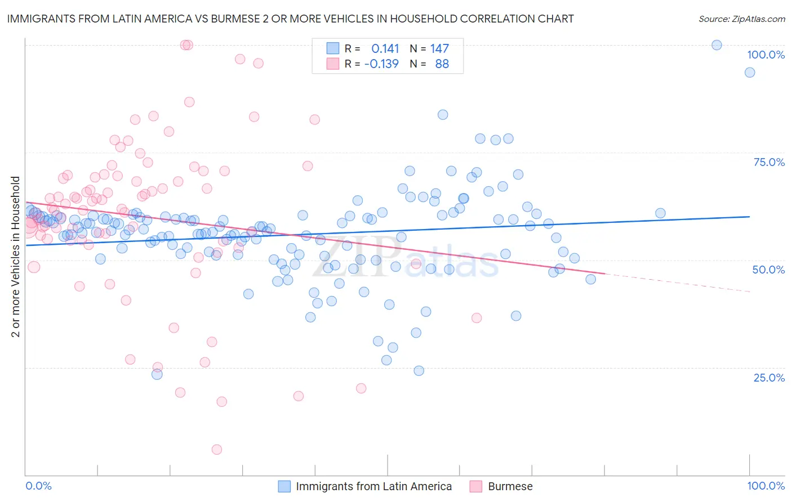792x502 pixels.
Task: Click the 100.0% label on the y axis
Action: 766,55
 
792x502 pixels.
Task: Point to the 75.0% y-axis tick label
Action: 769,162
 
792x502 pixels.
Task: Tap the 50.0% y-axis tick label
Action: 768,270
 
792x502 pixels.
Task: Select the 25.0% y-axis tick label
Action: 769,377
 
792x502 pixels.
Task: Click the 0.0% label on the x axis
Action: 38,486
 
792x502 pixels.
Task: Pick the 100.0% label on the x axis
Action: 766,486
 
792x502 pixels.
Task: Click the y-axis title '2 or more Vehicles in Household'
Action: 16,257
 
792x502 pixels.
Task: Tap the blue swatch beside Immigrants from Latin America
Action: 284,486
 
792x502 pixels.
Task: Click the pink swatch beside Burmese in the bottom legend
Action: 476,486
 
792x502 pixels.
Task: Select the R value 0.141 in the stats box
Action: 385,49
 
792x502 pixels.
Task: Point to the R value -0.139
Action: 381,64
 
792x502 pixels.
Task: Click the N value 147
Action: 439,49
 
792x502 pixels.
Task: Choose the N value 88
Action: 442,64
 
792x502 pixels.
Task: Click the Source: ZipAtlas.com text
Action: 741,19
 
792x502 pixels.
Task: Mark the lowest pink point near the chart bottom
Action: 217,449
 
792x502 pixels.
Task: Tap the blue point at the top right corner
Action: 717,45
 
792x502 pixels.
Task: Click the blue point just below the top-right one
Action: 750,72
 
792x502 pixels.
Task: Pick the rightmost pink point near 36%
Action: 477,318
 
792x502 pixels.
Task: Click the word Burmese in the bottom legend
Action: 510,486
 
